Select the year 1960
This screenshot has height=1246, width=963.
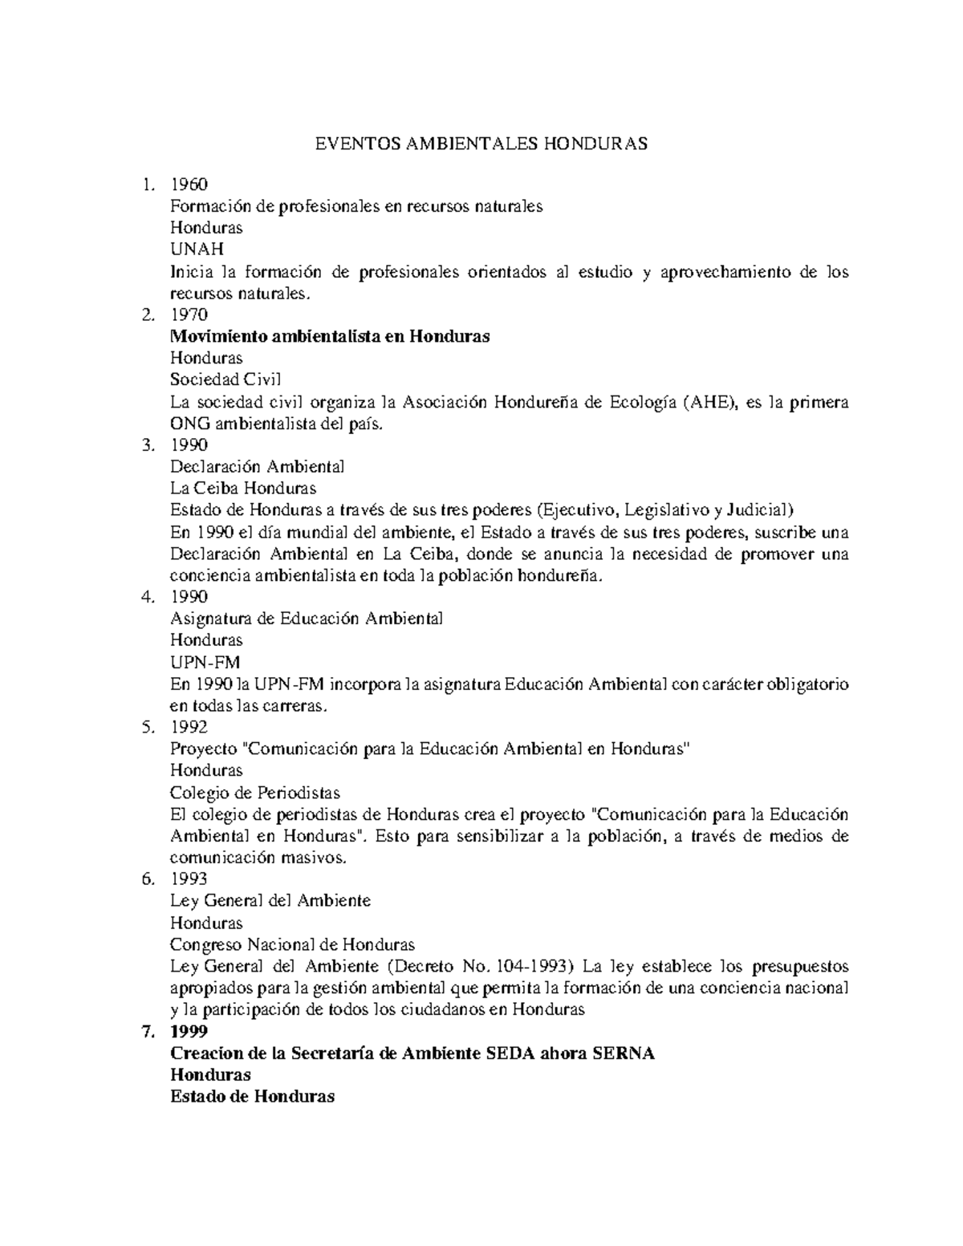tap(189, 184)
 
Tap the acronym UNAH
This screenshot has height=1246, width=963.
tap(197, 250)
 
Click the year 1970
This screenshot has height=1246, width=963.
tap(189, 315)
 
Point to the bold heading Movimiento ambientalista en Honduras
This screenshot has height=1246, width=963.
tap(330, 336)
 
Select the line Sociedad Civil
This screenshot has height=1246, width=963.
tap(226, 379)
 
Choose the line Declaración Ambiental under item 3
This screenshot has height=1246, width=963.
tap(258, 467)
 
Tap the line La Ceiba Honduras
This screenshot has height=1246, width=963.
tap(243, 489)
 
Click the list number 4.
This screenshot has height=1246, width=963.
tap(146, 597)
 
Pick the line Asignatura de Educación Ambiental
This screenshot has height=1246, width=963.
tap(307, 619)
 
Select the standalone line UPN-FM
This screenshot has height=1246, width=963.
tap(205, 662)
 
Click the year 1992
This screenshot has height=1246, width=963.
tap(189, 727)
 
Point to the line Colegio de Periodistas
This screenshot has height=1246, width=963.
tap(255, 793)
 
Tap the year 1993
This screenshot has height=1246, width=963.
tap(189, 879)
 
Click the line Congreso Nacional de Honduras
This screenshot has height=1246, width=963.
tap(292, 944)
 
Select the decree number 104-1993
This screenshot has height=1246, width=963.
tap(532, 966)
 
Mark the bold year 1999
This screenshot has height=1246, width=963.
tap(189, 1032)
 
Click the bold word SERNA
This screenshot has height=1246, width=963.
tap(624, 1053)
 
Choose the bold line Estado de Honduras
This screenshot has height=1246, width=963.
tap(253, 1097)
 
